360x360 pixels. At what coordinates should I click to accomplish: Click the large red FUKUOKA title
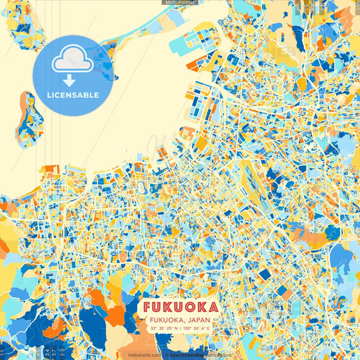coord(180,307)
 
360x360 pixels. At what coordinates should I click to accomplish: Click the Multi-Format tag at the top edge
coord(179,3)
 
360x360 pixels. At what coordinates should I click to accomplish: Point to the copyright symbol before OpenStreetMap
coord(165,355)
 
